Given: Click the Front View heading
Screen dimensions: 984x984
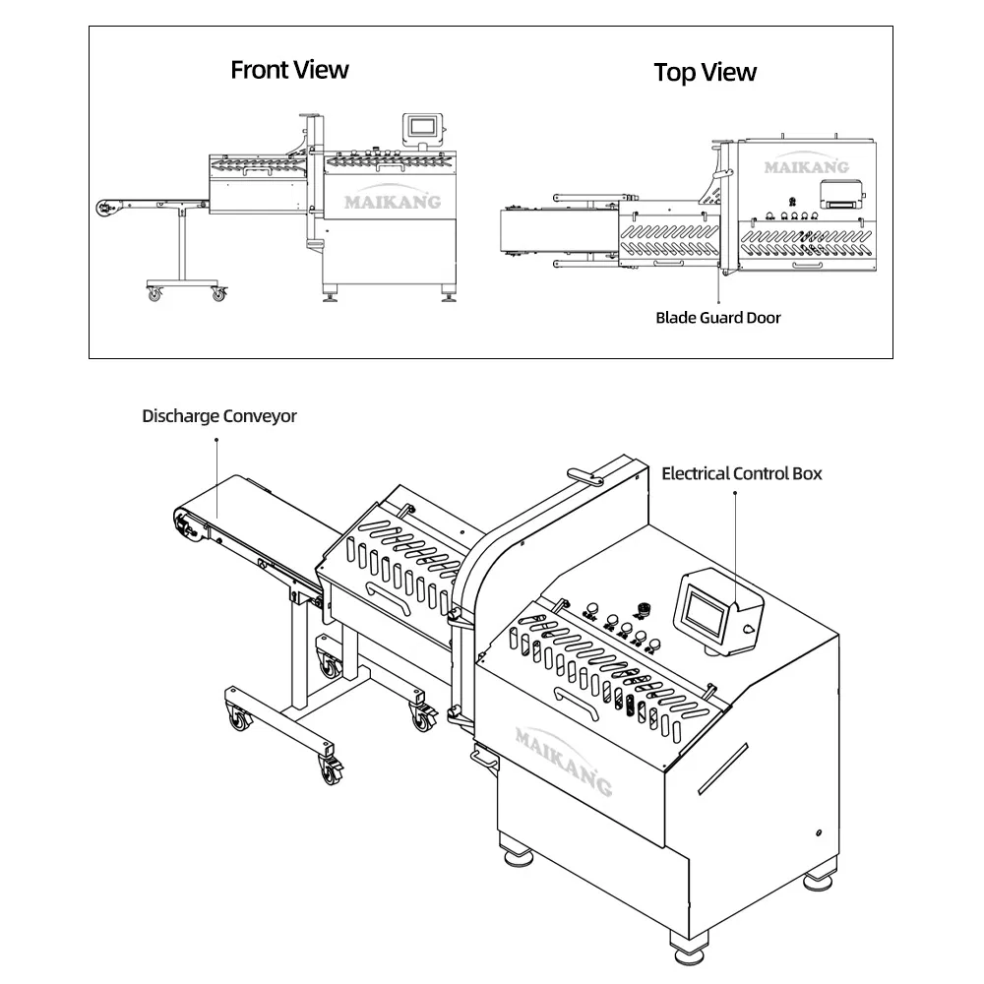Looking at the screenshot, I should pyautogui.click(x=289, y=70).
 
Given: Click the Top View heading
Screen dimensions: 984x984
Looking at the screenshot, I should pyautogui.click(x=706, y=72).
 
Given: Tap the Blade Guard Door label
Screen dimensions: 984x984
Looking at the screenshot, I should pyautogui.click(x=718, y=317).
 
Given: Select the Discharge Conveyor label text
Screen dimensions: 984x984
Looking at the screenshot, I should pyautogui.click(x=218, y=416).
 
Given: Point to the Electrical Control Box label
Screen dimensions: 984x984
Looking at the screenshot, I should pyautogui.click(x=741, y=473).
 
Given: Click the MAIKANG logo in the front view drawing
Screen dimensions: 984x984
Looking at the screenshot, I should pyautogui.click(x=392, y=202).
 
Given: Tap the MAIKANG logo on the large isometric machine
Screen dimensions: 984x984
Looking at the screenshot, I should pyautogui.click(x=563, y=759).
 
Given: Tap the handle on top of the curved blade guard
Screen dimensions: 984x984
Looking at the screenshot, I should pyautogui.click(x=588, y=478).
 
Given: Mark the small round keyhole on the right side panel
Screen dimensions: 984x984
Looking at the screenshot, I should pyautogui.click(x=818, y=833).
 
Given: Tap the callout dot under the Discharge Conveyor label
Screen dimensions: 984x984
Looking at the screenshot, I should pyautogui.click(x=218, y=442).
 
